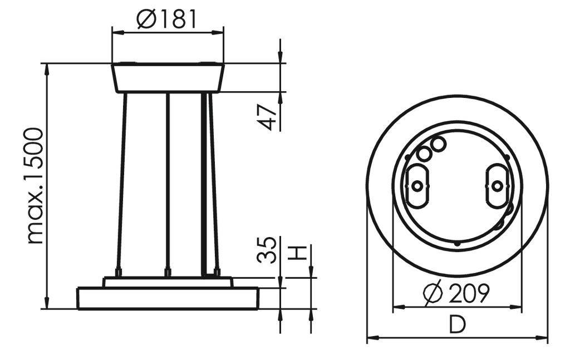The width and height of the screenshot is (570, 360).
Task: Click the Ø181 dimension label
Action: [167, 19]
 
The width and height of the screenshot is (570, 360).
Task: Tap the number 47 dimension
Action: [269, 117]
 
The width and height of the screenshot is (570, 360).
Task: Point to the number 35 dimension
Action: [267, 250]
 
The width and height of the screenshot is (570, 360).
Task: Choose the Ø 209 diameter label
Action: [456, 293]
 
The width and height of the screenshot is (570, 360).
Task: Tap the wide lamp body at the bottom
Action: [168, 298]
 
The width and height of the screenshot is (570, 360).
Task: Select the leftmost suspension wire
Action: [121, 184]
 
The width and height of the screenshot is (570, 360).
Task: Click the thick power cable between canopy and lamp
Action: [204, 184]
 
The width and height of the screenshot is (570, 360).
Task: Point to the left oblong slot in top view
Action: [417, 185]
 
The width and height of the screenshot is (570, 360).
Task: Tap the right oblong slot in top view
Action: [497, 185]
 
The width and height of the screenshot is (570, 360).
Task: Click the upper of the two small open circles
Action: [438, 144]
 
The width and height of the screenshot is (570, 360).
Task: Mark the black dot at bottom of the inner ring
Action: [457, 243]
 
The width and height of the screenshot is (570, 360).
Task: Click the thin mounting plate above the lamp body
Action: [168, 283]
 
